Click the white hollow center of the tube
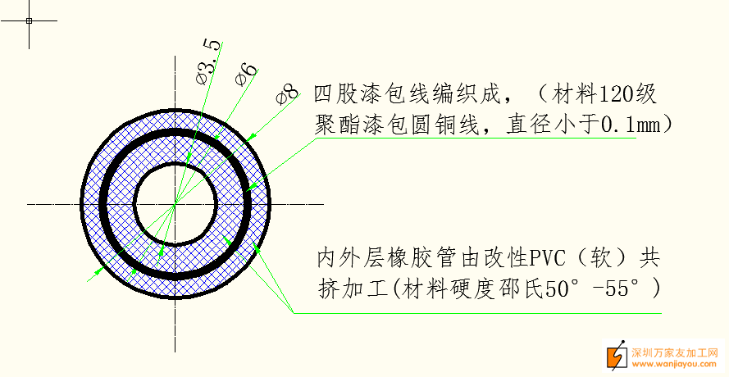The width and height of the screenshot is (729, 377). coord(175,202)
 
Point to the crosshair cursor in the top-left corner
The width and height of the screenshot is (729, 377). coord(29,20)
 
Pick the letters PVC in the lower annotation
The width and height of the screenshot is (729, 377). coord(549,259)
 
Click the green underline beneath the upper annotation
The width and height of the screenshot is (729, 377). coord(476,138)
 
